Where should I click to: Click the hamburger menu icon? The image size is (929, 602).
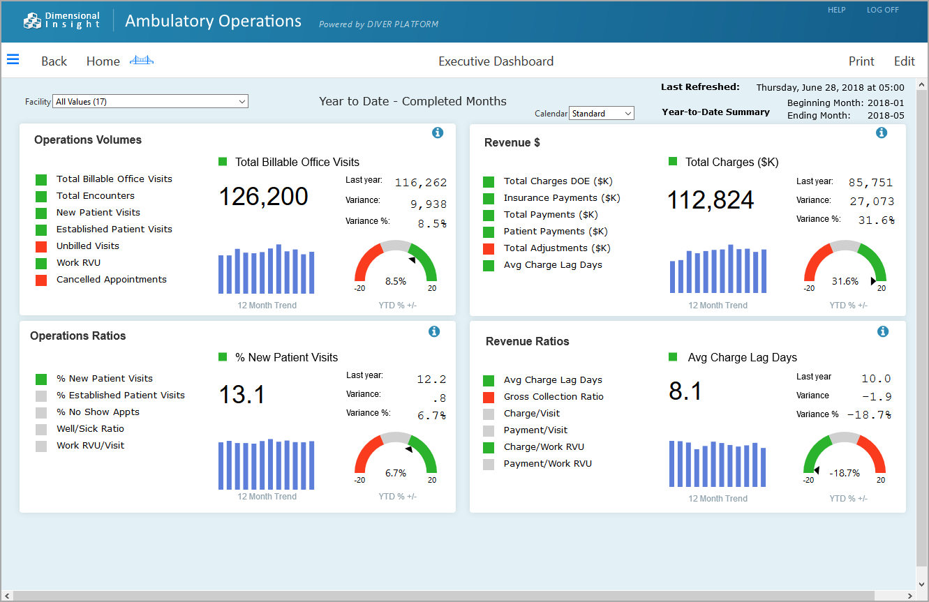13,59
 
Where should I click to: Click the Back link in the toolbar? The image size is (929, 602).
54,61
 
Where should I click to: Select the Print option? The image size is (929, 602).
861,61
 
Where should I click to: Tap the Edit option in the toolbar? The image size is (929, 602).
904,61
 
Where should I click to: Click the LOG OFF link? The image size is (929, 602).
882,10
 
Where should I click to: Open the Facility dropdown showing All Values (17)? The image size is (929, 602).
150,102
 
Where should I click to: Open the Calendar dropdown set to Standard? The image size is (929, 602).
602,113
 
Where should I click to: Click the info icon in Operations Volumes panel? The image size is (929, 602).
438,133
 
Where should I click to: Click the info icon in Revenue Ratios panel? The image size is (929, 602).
883,331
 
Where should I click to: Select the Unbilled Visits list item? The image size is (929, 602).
88,246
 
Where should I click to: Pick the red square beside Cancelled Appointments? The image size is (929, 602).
41,280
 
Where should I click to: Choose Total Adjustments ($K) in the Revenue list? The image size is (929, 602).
557,248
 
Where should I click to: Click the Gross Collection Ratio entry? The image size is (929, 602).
553,397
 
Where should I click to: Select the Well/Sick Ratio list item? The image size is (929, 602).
91,429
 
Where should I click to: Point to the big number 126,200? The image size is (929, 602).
264,197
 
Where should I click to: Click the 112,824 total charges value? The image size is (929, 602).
711,200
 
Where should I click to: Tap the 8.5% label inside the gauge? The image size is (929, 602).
396,282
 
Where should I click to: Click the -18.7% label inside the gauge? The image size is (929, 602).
845,473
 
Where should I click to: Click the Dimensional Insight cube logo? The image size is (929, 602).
32,21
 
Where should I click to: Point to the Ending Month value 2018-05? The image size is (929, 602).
886,115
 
